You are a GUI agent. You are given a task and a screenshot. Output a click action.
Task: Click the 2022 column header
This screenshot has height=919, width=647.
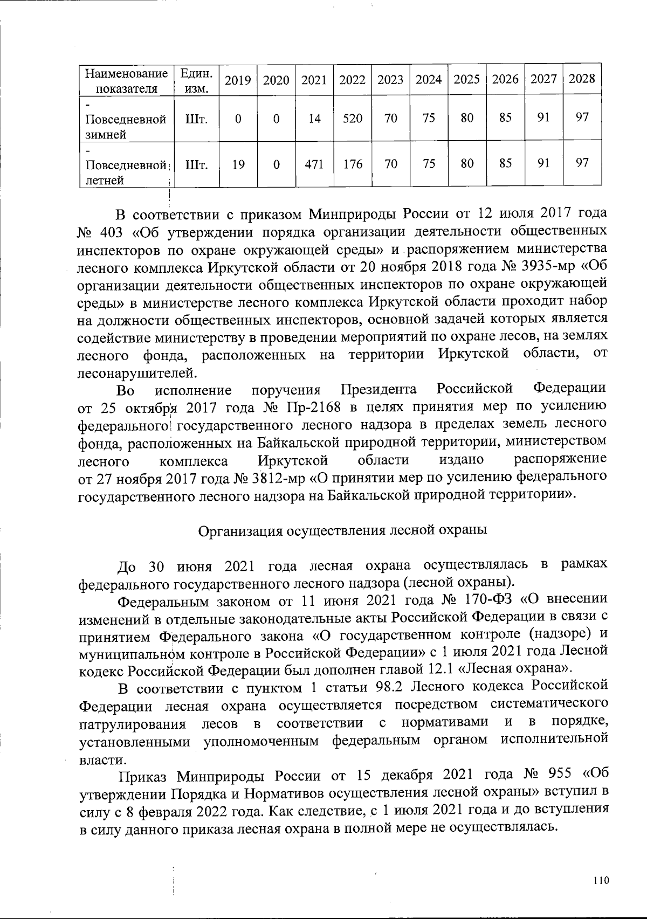point(353,80)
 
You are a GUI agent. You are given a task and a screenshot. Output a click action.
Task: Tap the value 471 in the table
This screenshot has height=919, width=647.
point(314,164)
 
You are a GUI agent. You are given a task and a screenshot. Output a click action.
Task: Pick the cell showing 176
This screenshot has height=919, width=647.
point(353,164)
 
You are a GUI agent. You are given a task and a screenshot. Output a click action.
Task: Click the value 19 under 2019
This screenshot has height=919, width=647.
point(238,164)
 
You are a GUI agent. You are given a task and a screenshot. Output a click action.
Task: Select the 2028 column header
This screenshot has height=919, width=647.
point(582,79)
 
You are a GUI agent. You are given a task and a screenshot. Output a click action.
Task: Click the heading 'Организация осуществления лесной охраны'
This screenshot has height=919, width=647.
point(343,530)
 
